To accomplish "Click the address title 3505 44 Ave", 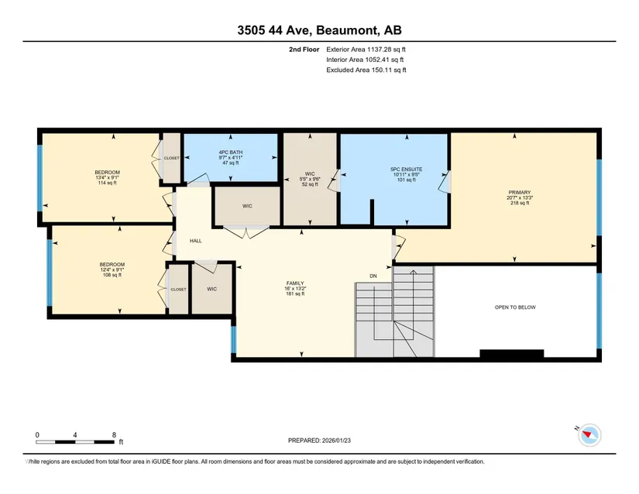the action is click(274, 30).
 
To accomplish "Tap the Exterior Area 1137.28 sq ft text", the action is click(366, 50).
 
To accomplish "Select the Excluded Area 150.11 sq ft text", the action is click(366, 70).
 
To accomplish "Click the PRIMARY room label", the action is click(520, 192).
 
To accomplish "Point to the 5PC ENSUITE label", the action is click(407, 169).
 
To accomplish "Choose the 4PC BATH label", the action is click(231, 153).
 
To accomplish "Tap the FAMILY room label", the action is click(295, 283).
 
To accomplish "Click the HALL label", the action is click(196, 241).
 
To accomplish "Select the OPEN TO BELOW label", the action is click(515, 307).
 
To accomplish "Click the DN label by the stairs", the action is click(373, 276).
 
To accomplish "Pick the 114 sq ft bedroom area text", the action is click(107, 183).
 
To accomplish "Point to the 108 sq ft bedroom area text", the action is click(112, 275).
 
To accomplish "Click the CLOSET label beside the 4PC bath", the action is click(172, 158).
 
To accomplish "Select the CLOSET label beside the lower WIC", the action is click(178, 289).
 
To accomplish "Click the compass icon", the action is click(589, 435).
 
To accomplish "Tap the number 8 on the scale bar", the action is click(114, 434).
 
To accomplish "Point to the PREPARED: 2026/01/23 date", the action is click(319, 441).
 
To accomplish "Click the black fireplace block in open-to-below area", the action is click(512, 354).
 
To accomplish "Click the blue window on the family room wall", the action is click(233, 339).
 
